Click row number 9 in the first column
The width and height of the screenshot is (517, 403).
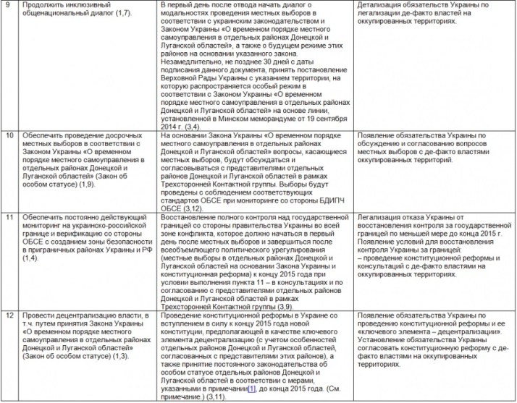pos(9,5)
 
